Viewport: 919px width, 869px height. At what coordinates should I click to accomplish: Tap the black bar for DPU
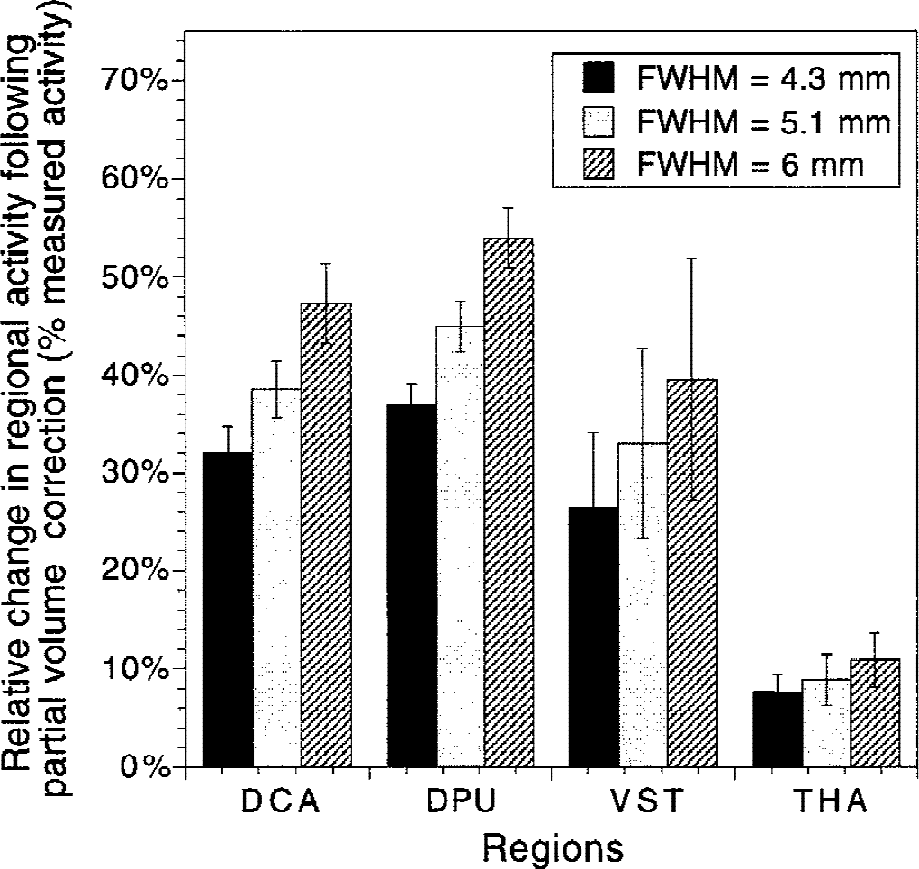point(411,586)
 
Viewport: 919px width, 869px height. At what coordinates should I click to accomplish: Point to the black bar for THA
point(778,729)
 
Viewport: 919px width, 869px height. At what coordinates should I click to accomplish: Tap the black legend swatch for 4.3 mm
point(599,78)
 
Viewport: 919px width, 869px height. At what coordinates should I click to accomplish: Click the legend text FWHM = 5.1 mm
point(763,122)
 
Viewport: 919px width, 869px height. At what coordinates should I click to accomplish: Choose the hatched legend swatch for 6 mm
point(599,165)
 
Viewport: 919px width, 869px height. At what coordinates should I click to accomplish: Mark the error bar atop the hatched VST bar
point(691,378)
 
